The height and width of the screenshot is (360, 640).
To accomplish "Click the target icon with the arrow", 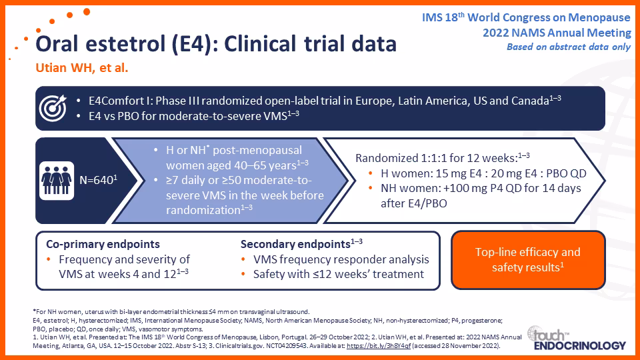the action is point(53,108).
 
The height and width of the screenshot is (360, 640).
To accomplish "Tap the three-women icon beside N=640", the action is point(57,181).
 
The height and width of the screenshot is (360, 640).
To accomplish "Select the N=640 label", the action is point(99,179).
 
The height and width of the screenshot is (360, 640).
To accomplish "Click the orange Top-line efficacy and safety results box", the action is point(528,260).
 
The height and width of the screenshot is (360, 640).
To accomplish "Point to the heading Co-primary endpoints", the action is point(103,244).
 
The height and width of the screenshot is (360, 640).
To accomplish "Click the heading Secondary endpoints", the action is point(295,244).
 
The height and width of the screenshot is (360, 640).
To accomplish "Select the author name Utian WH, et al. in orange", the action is point(81,67).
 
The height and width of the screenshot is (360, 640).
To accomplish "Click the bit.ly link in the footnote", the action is point(379,346).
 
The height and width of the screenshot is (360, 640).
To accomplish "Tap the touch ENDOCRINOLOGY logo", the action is point(576,339).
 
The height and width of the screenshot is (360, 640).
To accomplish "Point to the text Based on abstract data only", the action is point(569,47).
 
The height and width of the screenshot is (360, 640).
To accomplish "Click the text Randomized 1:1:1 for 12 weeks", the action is point(436,158).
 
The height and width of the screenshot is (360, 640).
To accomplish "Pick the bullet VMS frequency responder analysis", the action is point(341,259).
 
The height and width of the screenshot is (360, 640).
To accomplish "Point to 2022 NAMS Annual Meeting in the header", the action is point(557,33).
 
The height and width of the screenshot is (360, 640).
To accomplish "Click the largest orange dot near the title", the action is point(87,11).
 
